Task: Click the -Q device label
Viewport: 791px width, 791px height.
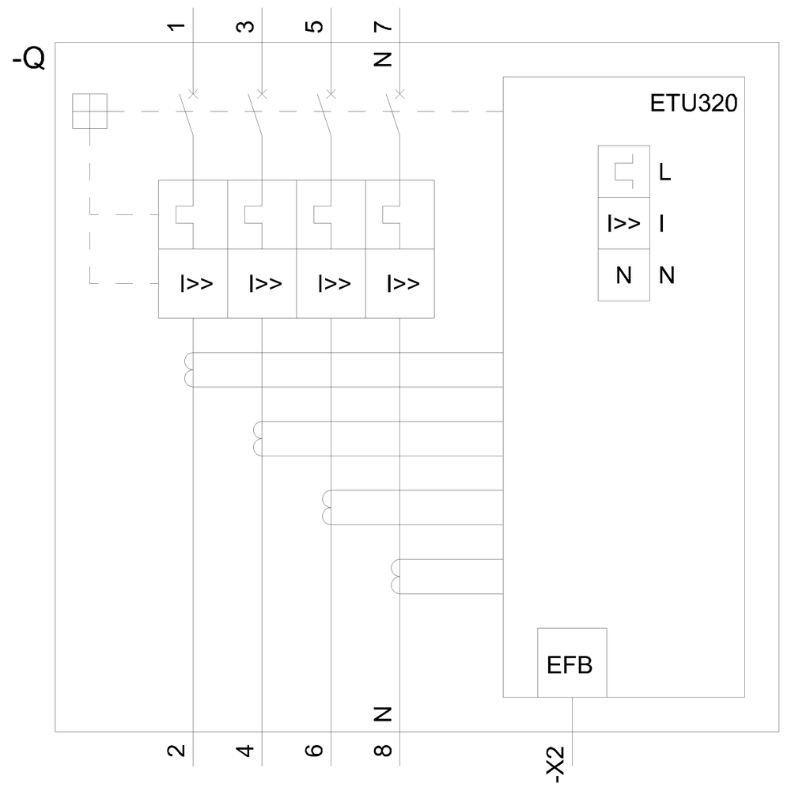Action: click(28, 60)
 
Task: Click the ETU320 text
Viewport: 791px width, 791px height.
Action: click(694, 104)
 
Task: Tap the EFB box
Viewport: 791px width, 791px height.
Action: click(572, 663)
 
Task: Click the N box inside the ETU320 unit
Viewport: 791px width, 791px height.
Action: click(624, 275)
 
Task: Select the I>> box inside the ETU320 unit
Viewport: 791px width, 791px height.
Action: click(624, 224)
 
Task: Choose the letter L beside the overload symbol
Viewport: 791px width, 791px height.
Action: click(664, 172)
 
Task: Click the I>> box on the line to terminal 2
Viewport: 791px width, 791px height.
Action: click(193, 283)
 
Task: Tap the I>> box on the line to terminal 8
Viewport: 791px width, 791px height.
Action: click(399, 283)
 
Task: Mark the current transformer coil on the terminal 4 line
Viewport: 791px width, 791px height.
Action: click(258, 439)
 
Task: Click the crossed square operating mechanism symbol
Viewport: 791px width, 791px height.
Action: click(89, 111)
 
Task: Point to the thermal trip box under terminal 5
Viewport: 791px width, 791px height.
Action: click(331, 214)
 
